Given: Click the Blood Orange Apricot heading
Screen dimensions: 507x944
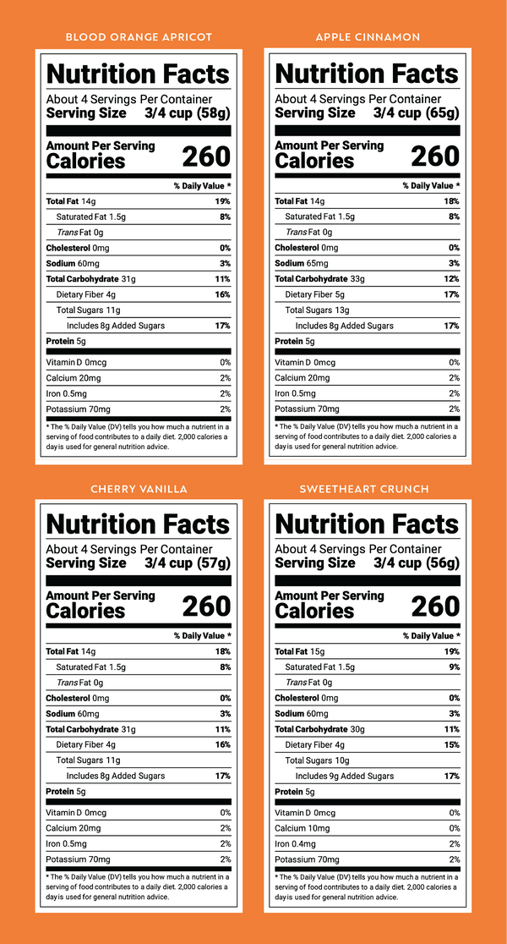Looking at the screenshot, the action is click(x=139, y=37).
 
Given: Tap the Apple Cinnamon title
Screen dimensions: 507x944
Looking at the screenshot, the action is click(x=368, y=37).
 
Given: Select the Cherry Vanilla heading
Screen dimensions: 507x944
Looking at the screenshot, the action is click(x=139, y=489).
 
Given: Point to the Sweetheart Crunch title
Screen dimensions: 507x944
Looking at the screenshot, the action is click(x=364, y=489).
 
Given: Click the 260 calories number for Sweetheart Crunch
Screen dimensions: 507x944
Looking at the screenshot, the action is click(x=435, y=606).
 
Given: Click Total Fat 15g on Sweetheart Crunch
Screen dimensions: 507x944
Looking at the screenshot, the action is click(x=299, y=651).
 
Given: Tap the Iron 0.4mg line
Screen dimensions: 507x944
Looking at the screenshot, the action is click(x=295, y=844).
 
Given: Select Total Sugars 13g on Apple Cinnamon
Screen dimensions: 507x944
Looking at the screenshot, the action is click(x=317, y=310).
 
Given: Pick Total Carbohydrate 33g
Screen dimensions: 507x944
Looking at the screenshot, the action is click(x=317, y=279).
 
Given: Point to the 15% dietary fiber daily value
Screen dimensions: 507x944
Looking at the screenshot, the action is click(x=452, y=744).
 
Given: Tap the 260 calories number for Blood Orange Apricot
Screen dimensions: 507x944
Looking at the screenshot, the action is click(x=206, y=156).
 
